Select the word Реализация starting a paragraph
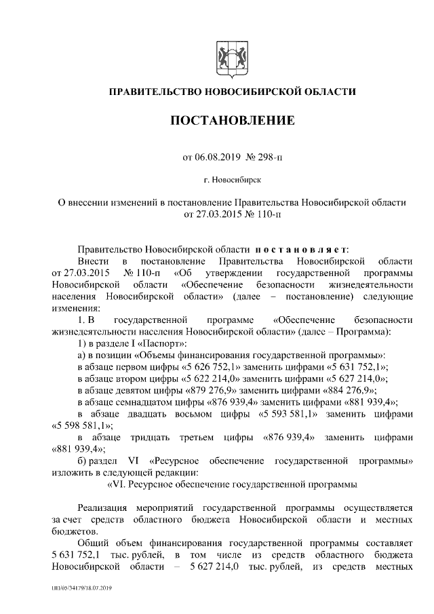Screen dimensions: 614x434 (106, 507)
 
